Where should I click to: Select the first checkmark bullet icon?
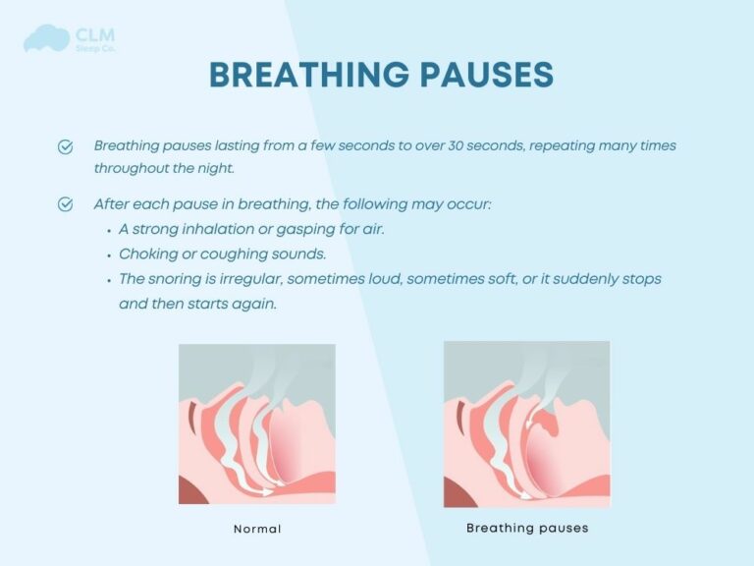[x=66, y=146]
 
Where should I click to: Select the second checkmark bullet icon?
[x=66, y=204]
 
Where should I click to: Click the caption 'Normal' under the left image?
[x=257, y=529]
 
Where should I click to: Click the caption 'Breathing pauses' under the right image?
[x=527, y=528]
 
